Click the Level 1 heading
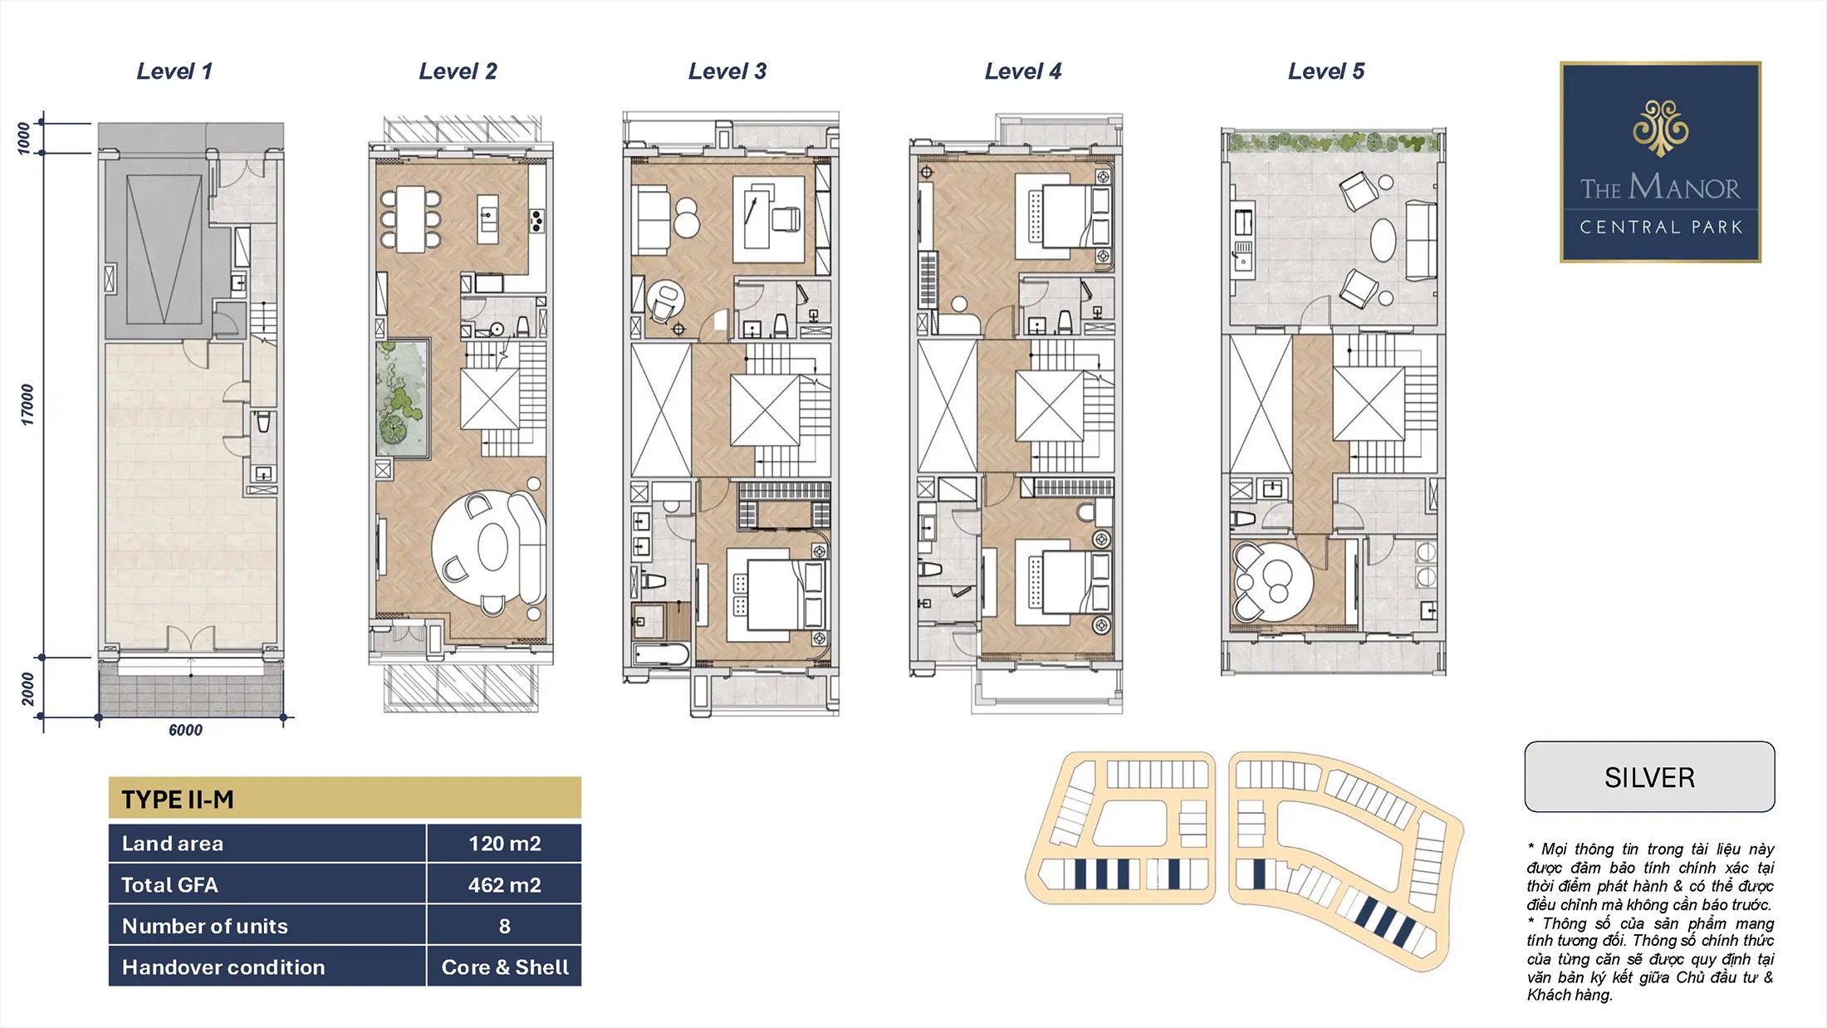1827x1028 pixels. pyautogui.click(x=174, y=71)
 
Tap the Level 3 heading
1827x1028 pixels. pyautogui.click(x=727, y=71)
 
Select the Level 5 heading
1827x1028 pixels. pyautogui.click(x=1326, y=71)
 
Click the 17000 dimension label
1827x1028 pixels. pyautogui.click(x=27, y=404)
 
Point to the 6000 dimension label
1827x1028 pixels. pyautogui.click(x=185, y=730)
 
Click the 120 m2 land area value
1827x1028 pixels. pyautogui.click(x=504, y=844)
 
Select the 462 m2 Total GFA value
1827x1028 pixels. pyautogui.click(x=504, y=885)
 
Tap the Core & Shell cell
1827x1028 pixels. pyautogui.click(x=505, y=967)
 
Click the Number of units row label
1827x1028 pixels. pyautogui.click(x=205, y=926)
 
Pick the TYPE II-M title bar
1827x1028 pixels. pyautogui.click(x=345, y=799)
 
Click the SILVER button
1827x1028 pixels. pyautogui.click(x=1649, y=777)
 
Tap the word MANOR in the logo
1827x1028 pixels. pyautogui.click(x=1684, y=187)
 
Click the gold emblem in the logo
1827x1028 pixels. pyautogui.click(x=1660, y=128)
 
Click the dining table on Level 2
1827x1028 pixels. pyautogui.click(x=411, y=219)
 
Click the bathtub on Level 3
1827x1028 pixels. pyautogui.click(x=660, y=654)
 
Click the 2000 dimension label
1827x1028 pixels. pyautogui.click(x=27, y=689)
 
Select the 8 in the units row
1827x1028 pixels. pyautogui.click(x=504, y=926)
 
